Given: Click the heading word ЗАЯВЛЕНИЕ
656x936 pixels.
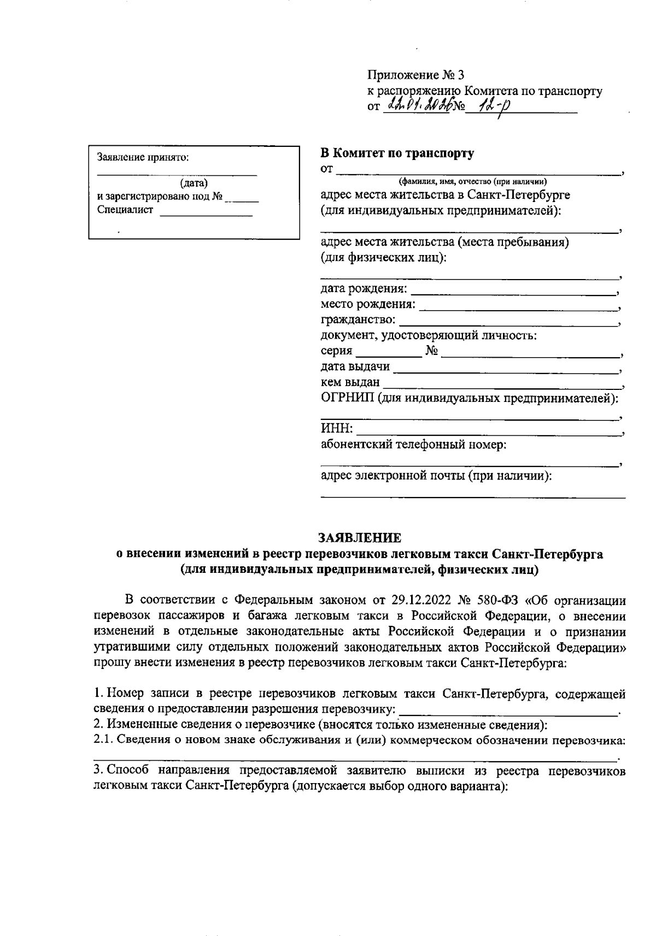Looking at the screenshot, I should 359,538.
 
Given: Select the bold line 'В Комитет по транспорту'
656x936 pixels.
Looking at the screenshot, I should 397,153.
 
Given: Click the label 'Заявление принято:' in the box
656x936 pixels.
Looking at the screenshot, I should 143,158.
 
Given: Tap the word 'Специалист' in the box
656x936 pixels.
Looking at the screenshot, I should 126,210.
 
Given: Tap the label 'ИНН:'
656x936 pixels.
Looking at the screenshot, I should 336,429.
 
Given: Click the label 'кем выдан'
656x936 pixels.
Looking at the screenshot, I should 350,382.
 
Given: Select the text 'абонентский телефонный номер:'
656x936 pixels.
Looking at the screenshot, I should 413,445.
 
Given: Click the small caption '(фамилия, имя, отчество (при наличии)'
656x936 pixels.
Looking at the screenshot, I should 473,182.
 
